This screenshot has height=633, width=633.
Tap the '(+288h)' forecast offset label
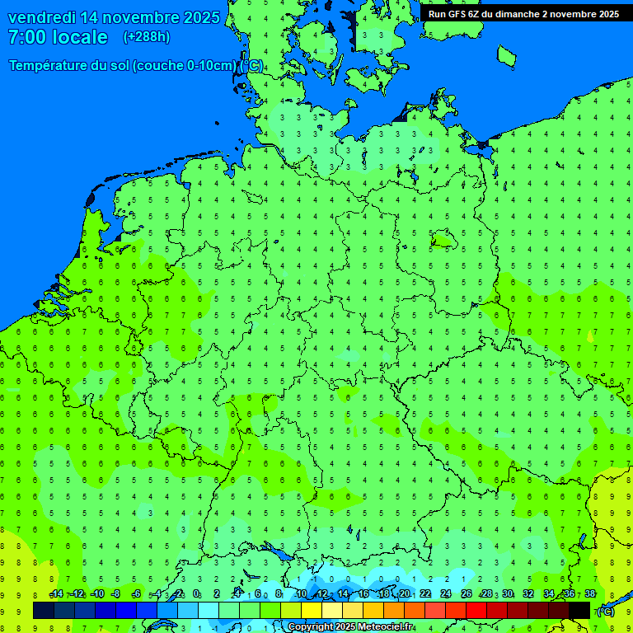tap(146, 37)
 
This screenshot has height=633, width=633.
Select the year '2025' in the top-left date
tap(200, 17)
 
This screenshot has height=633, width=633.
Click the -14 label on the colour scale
tap(56, 594)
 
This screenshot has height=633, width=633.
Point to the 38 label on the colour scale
tap(590, 594)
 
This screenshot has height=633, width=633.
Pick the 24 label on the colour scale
tap(446, 594)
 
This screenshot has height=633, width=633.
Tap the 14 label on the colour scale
tap(343, 594)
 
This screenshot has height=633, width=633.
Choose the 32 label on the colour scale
tap(528, 594)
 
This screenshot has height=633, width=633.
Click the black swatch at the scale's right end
tap(579, 610)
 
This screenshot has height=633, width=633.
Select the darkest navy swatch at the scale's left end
tap(44, 610)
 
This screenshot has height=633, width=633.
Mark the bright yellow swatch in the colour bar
tap(312, 610)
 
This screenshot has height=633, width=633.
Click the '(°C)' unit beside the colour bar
tap(606, 611)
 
